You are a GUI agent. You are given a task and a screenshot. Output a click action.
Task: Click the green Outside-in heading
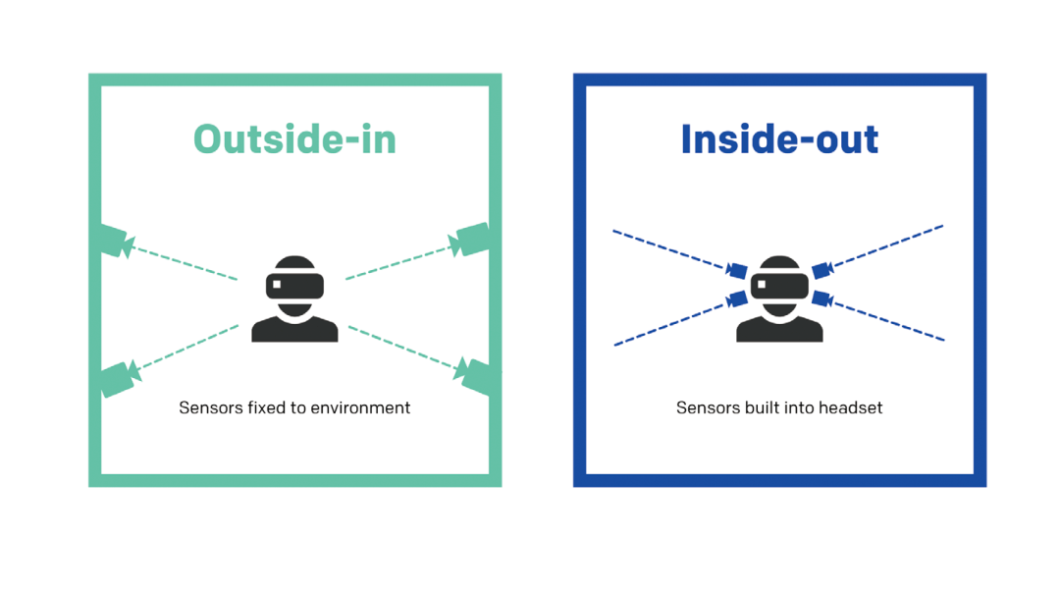pyautogui.click(x=294, y=139)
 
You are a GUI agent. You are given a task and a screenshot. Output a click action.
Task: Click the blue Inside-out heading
pyautogui.click(x=779, y=139)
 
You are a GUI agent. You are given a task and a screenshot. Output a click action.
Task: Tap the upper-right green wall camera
pyautogui.click(x=470, y=240)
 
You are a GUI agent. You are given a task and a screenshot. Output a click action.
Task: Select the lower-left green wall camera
pyautogui.click(x=119, y=379)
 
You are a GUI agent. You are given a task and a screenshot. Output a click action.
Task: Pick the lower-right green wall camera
pyautogui.click(x=475, y=377)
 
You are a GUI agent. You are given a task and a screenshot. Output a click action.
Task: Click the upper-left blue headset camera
pyautogui.click(x=736, y=270)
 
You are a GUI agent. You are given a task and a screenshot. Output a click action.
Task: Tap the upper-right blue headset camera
pyautogui.click(x=822, y=270)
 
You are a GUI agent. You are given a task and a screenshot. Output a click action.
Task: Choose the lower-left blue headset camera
pyautogui.click(x=736, y=298)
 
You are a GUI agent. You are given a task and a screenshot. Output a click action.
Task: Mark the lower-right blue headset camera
pyautogui.click(x=822, y=298)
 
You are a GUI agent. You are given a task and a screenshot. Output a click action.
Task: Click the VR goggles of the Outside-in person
pyautogui.click(x=294, y=286)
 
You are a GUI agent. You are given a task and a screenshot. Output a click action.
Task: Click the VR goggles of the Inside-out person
pyautogui.click(x=779, y=286)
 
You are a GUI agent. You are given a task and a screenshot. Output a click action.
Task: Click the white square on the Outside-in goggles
pyautogui.click(x=277, y=285)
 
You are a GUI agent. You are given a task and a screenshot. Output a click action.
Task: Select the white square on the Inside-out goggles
pyautogui.click(x=762, y=285)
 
